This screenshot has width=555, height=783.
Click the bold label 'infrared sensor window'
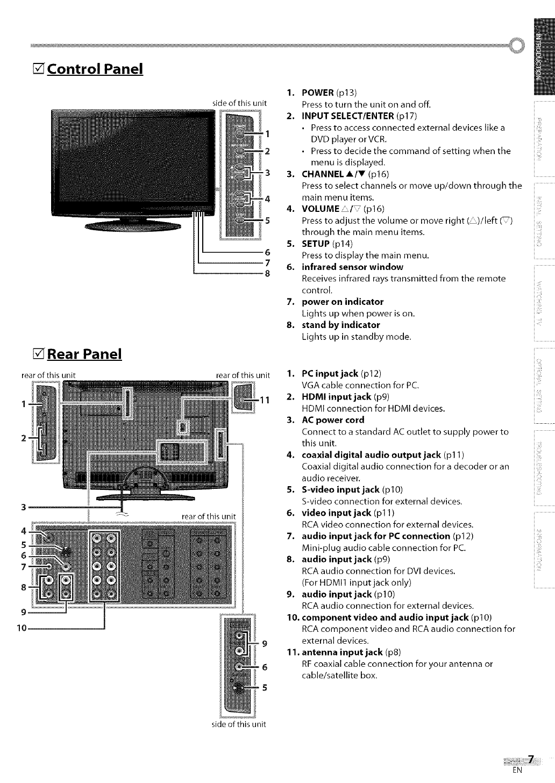[x=352, y=267]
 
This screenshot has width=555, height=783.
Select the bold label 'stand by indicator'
[x=340, y=325]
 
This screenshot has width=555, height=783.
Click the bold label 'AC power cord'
[x=333, y=420]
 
